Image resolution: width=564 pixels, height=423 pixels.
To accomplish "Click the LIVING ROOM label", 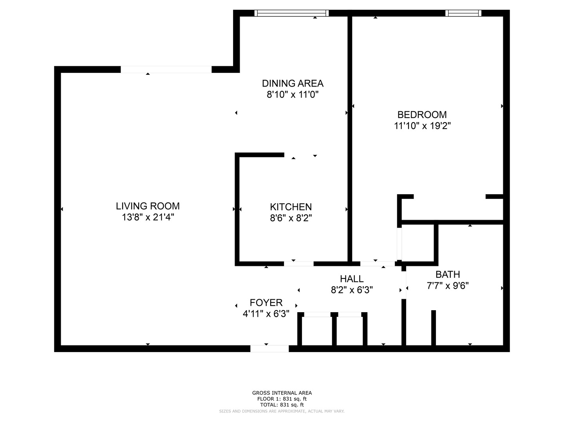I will coord(148,206).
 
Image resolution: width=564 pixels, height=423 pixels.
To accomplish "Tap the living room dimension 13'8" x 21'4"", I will coord(148,217).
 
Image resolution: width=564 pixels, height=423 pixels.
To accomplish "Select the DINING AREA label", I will coord(293,83).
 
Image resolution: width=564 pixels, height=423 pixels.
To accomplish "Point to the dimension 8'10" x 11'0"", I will coord(293,95).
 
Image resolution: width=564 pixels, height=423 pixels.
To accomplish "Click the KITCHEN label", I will coord(291,207).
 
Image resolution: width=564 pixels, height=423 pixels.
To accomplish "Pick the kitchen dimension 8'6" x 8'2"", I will coord(291,218).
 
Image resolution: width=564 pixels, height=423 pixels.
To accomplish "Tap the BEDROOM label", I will coord(422,115).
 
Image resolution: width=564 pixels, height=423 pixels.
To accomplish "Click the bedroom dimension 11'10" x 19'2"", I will coord(422,126).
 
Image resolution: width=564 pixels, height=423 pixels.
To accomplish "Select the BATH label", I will coord(448,275).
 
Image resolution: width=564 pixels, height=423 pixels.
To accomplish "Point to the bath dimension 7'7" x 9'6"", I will coord(448,286).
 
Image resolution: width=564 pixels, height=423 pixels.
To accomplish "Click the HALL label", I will coord(352,279).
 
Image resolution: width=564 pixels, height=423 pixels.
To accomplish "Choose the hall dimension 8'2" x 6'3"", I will coord(352,290).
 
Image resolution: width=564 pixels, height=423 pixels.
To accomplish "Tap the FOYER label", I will coord(266,303).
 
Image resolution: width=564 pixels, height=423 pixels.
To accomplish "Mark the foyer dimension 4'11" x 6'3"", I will coord(266,314).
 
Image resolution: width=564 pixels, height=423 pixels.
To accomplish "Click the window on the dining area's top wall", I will coord(291,13).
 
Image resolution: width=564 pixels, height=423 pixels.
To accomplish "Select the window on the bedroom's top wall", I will coord(463,13).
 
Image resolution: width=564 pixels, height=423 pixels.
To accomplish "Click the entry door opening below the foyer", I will coord(269,349).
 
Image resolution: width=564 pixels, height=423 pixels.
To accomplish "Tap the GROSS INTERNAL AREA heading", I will coord(282,393).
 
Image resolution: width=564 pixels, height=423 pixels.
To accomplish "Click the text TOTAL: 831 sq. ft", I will coord(282,405).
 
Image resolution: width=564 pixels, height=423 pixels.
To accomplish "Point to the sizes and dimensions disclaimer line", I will coord(282,411).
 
